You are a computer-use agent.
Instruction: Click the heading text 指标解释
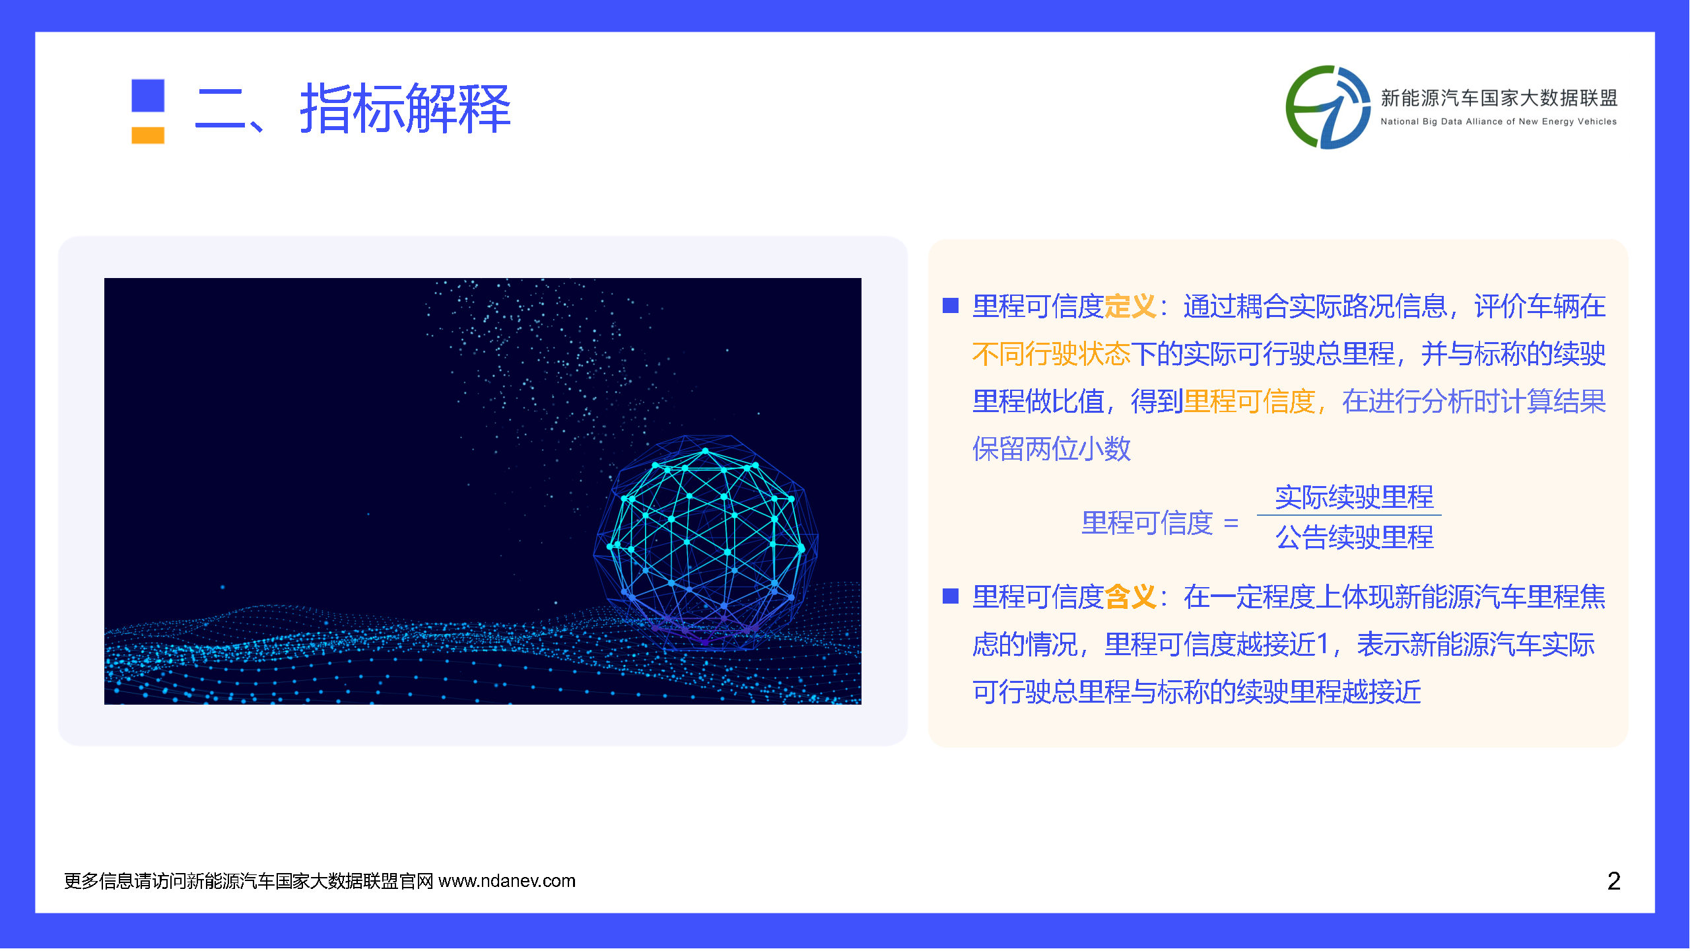405,109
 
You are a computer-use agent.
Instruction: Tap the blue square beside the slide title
148,96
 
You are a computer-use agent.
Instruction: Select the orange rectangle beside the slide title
148,135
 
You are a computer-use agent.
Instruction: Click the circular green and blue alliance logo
1328,107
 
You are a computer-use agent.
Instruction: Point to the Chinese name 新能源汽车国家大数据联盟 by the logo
1499,98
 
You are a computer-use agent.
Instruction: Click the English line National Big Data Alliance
1499,122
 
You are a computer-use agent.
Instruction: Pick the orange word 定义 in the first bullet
1130,306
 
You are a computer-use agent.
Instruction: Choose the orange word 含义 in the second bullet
1130,597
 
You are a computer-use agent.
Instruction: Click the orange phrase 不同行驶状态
1052,354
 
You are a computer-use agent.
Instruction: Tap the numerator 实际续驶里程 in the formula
1354,497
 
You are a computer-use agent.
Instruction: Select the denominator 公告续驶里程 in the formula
1354,537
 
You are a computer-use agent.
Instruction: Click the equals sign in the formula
1231,524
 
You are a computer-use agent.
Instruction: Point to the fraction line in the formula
1349,515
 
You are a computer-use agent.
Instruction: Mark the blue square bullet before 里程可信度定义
951,305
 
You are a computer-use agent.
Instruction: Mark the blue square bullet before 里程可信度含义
951,596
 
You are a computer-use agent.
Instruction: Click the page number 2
1613,881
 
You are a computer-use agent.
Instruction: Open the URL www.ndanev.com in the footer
507,881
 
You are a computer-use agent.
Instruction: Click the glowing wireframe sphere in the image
706,542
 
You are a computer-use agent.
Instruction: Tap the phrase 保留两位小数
1052,449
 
